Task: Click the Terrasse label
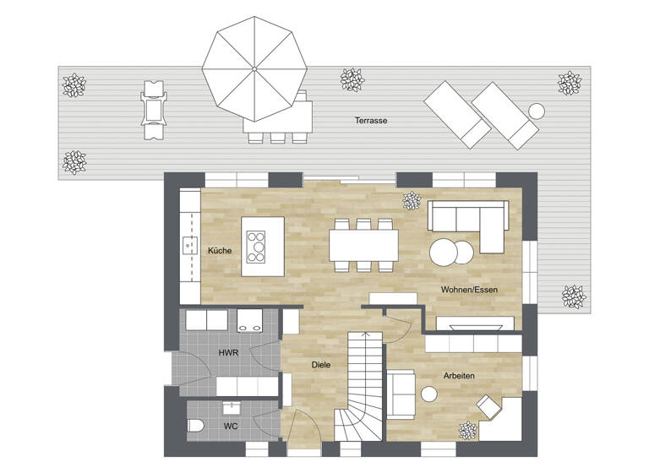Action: pos(371,121)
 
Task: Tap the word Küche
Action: pos(220,250)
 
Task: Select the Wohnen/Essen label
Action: pos(469,290)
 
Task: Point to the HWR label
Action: pos(227,352)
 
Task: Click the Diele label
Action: pos(320,365)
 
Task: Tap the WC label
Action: pos(231,427)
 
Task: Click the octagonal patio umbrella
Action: pos(252,68)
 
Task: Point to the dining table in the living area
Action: pos(363,245)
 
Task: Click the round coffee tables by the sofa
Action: pos(451,253)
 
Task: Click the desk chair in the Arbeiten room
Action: pos(488,407)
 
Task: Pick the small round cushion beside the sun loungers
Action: pos(536,110)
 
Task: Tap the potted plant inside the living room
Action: pos(412,201)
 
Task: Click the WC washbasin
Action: pos(229,408)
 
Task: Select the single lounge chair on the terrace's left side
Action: pos(152,109)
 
